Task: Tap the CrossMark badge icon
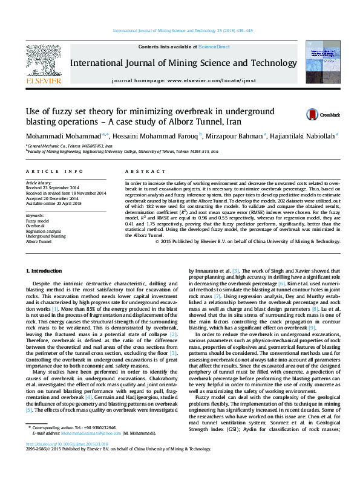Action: coord(295,114)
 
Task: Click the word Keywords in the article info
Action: coord(35,215)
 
